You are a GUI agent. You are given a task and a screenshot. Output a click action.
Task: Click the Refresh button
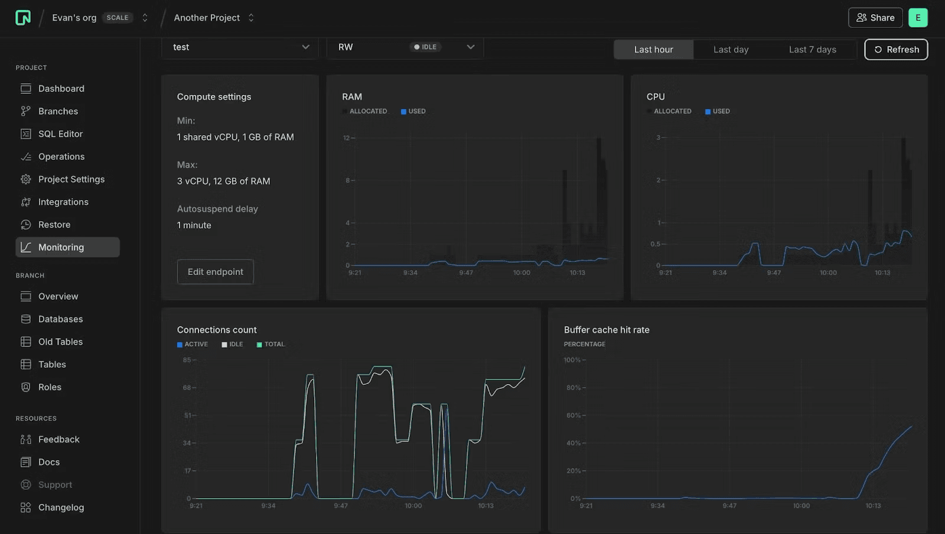tap(896, 50)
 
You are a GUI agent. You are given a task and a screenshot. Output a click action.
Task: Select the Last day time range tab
tap(731, 50)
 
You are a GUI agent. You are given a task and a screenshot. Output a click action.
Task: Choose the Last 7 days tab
tap(812, 50)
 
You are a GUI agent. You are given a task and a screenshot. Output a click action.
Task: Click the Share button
tap(875, 18)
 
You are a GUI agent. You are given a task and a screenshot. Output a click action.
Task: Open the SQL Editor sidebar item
tap(60, 134)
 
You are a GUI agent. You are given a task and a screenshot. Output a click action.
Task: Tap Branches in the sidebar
tap(58, 112)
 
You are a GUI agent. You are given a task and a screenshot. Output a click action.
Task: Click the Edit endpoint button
tap(216, 272)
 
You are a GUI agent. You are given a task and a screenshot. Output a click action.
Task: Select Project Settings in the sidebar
tap(71, 179)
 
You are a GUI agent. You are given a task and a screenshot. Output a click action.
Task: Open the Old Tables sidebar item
tap(60, 342)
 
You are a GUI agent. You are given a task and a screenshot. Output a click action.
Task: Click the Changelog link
tap(61, 507)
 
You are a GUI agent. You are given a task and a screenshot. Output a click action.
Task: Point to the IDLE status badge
tap(425, 47)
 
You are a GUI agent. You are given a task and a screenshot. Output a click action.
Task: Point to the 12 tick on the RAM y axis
tap(347, 138)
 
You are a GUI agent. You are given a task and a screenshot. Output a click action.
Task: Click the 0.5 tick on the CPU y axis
tap(656, 244)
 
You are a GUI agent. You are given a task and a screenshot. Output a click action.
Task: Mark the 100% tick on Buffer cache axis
tap(572, 360)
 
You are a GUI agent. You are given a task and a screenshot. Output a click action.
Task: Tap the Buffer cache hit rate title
tap(607, 330)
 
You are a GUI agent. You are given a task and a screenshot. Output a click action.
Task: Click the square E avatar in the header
tap(918, 18)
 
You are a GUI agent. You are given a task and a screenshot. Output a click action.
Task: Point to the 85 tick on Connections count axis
tap(187, 360)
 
